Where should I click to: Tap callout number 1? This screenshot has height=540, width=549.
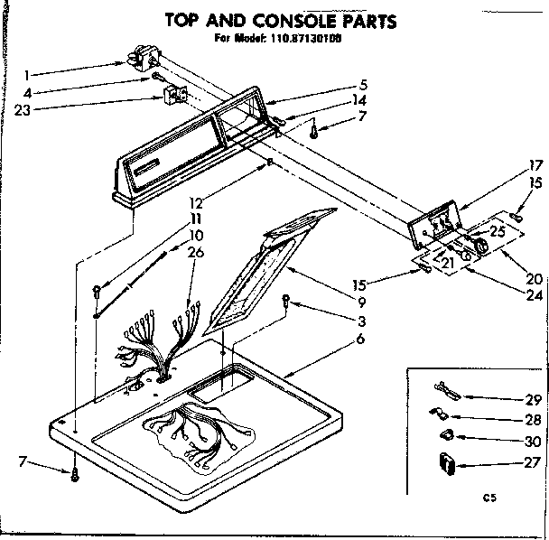[28, 74]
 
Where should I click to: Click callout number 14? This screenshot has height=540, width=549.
[360, 99]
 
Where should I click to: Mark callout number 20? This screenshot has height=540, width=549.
[535, 279]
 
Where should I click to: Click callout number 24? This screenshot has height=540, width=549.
[535, 294]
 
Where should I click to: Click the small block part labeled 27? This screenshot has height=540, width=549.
[445, 464]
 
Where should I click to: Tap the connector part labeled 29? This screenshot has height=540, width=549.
[445, 391]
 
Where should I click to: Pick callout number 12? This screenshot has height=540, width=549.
[195, 203]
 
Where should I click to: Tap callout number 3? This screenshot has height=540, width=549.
[360, 321]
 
